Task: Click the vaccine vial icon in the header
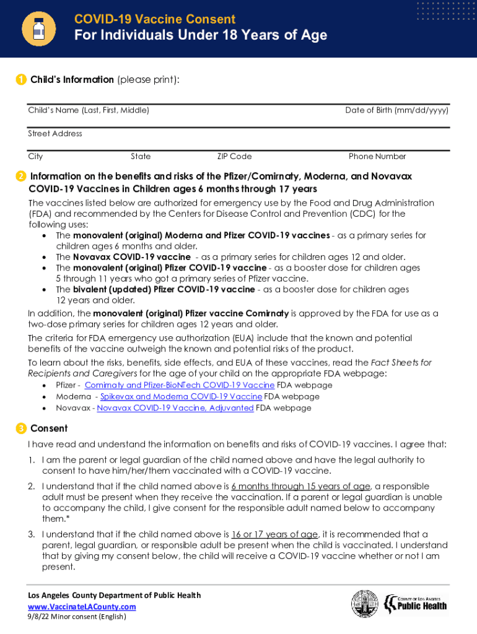[x=38, y=28]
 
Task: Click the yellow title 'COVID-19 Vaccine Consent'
[x=155, y=19]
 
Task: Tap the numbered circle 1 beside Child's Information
[x=21, y=80]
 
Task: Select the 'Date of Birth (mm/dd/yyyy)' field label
[x=396, y=110]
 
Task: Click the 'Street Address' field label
[x=55, y=134]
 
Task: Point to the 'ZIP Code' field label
[x=234, y=157]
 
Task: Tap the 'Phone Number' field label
[x=377, y=157]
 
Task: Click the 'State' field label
[x=141, y=157]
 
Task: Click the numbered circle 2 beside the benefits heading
[x=21, y=176]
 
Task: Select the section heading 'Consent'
[x=49, y=428]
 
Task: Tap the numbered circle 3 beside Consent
[x=21, y=428]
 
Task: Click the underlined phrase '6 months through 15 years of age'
[x=300, y=486]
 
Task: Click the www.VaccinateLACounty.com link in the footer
[x=82, y=606]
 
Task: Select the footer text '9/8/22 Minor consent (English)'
[x=77, y=617]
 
